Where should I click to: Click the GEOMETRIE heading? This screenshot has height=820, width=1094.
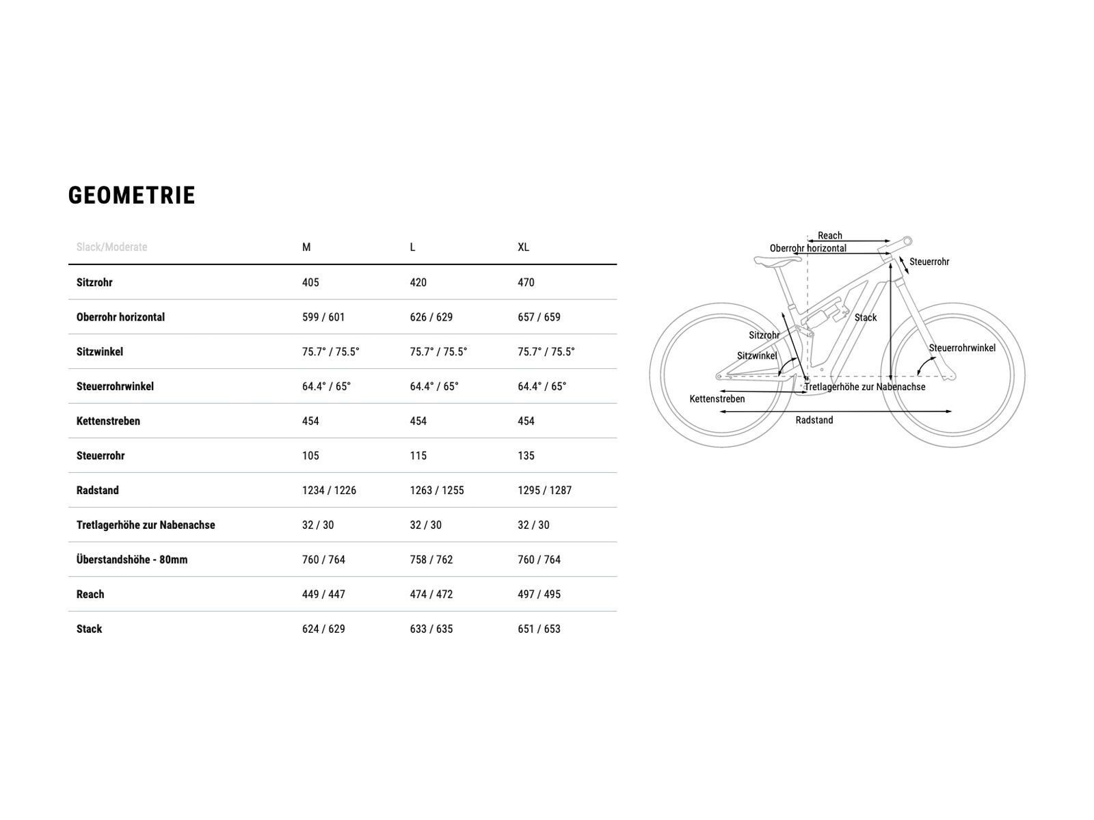[131, 195]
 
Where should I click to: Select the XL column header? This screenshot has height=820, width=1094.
[523, 247]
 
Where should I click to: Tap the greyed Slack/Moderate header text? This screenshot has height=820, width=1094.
[111, 247]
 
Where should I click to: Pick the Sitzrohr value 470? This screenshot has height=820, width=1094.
[526, 282]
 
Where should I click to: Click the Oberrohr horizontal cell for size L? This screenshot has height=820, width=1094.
[431, 317]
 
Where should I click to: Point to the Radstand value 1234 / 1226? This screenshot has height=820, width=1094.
[329, 491]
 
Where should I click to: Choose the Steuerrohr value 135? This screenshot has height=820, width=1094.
[526, 456]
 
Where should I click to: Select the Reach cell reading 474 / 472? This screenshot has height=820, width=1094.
[431, 594]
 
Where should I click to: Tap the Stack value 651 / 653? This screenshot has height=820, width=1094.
[539, 629]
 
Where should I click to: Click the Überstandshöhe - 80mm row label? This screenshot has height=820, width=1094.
[132, 560]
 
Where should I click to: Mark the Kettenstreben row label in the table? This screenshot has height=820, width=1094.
[108, 421]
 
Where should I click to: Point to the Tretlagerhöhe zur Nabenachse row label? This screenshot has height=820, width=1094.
[146, 525]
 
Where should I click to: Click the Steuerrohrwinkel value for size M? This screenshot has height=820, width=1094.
[326, 386]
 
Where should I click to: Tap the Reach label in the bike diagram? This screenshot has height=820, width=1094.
[830, 236]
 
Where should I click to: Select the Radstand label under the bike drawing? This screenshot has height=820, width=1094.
[814, 420]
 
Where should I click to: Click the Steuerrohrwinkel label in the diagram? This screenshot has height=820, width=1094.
[962, 348]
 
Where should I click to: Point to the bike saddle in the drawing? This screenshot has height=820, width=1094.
[777, 260]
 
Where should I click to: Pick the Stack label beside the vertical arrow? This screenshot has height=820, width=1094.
[865, 318]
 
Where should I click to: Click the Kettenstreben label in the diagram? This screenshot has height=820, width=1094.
[717, 399]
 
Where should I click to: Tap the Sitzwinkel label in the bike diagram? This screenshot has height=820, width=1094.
[757, 355]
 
